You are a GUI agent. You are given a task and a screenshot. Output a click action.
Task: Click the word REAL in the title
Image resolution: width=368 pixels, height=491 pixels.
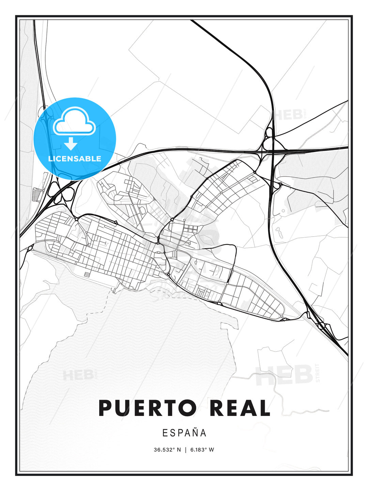(237, 408)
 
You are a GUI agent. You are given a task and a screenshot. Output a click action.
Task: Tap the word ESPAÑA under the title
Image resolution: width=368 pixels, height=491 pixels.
(184, 433)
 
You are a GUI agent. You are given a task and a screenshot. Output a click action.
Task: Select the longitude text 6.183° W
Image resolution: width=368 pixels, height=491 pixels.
(202, 450)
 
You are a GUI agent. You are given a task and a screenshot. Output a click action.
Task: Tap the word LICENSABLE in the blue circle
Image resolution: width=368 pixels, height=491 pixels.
(75, 159)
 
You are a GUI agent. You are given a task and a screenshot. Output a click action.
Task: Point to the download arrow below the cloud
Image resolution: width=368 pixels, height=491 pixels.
(71, 144)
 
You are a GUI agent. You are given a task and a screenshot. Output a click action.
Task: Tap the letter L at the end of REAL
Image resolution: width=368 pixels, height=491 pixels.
(263, 408)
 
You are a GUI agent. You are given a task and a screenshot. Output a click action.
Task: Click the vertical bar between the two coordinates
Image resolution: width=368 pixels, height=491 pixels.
(186, 450)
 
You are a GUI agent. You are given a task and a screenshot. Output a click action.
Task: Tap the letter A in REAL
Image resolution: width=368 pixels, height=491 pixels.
(248, 408)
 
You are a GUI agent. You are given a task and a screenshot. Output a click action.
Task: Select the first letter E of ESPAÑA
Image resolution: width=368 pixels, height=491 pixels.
(165, 433)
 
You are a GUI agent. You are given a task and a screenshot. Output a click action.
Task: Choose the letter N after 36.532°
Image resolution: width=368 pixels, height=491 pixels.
(179, 450)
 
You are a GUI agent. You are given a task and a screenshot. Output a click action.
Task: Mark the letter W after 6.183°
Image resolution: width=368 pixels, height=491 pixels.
(212, 450)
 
